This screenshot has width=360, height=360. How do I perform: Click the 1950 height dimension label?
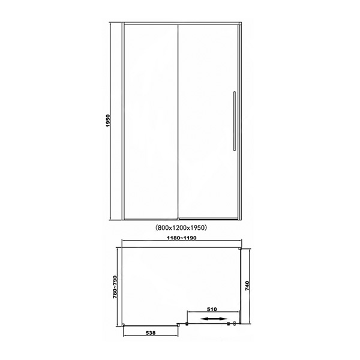click(108, 121)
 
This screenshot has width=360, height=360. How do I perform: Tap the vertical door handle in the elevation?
click(235, 121)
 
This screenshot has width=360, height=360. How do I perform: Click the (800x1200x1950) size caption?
click(181, 227)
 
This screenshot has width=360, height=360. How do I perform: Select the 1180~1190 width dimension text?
click(182, 238)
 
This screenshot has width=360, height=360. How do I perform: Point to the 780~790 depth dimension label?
click(115, 287)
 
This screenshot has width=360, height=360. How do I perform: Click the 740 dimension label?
click(247, 286)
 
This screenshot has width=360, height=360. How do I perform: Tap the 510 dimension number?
click(212, 309)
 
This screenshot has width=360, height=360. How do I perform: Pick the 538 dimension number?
click(151, 332)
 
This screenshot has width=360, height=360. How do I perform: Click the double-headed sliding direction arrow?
click(214, 319)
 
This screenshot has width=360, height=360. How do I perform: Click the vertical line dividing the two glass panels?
click(178, 121)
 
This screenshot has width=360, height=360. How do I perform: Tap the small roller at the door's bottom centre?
click(178, 219)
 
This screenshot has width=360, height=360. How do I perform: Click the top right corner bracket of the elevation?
click(240, 23)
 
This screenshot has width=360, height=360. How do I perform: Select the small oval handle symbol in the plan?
click(235, 324)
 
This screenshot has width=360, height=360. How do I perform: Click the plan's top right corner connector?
click(240, 248)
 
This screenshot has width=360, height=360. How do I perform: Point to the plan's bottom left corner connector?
click(123, 325)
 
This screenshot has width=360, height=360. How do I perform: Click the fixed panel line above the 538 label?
click(151, 325)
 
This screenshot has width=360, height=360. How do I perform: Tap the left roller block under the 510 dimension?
click(187, 324)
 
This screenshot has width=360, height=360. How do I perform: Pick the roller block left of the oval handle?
click(229, 324)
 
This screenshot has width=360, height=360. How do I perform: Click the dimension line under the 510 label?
click(213, 312)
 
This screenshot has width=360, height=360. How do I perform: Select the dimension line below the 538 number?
click(151, 335)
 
